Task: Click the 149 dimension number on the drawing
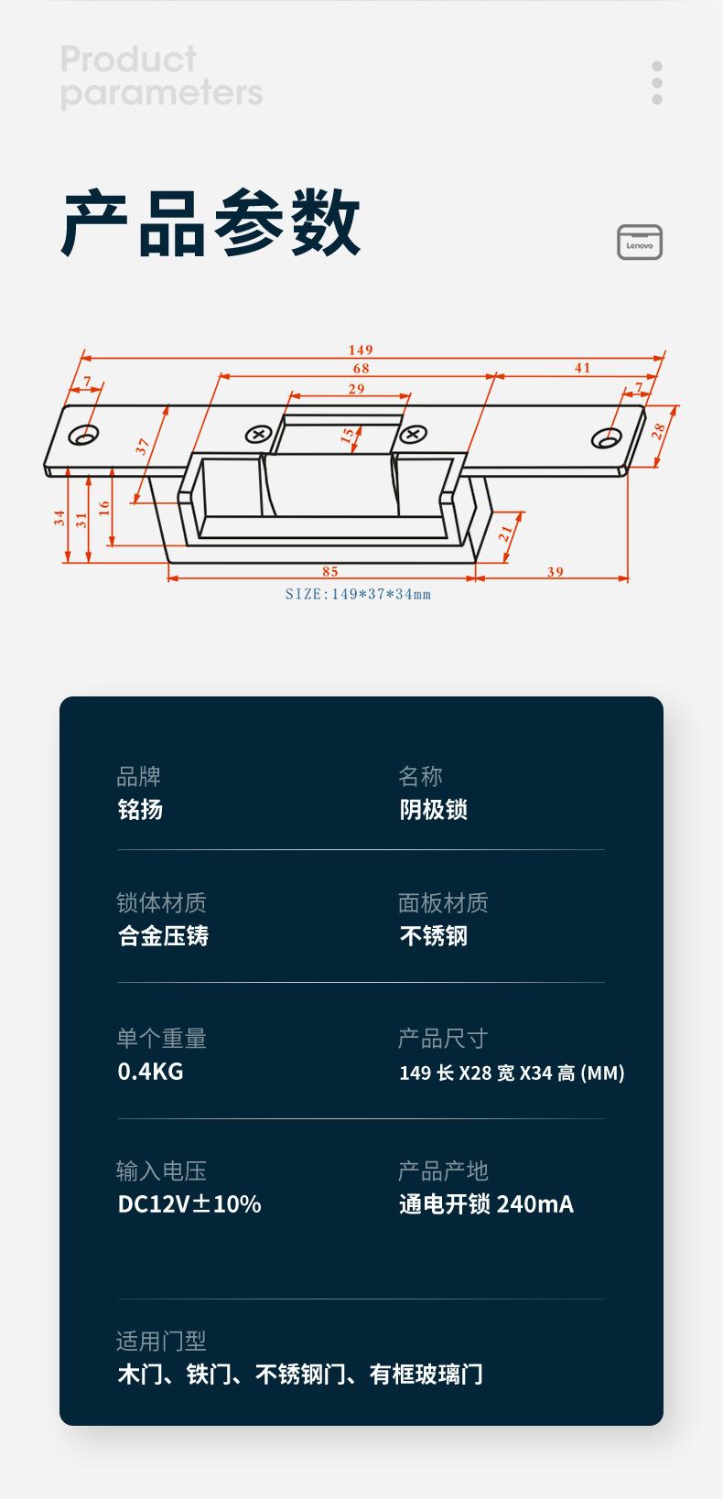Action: click(361, 350)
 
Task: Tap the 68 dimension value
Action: click(361, 368)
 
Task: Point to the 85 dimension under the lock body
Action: click(330, 571)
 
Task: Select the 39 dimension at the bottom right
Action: click(555, 571)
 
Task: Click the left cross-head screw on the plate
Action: click(257, 435)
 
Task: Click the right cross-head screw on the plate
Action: click(413, 435)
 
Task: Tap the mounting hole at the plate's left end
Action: click(83, 435)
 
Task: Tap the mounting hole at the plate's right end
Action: click(607, 437)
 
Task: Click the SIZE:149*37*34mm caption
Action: click(358, 594)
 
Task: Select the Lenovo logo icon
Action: click(640, 242)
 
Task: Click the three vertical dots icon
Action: click(657, 83)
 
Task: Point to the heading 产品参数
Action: click(211, 223)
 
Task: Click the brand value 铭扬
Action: click(141, 810)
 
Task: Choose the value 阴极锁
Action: click(433, 810)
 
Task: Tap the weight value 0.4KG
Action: click(151, 1072)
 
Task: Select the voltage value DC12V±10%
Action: click(189, 1204)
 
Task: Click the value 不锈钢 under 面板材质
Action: click(433, 935)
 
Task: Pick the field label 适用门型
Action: click(161, 1341)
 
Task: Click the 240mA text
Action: click(535, 1204)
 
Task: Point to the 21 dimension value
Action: click(505, 534)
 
